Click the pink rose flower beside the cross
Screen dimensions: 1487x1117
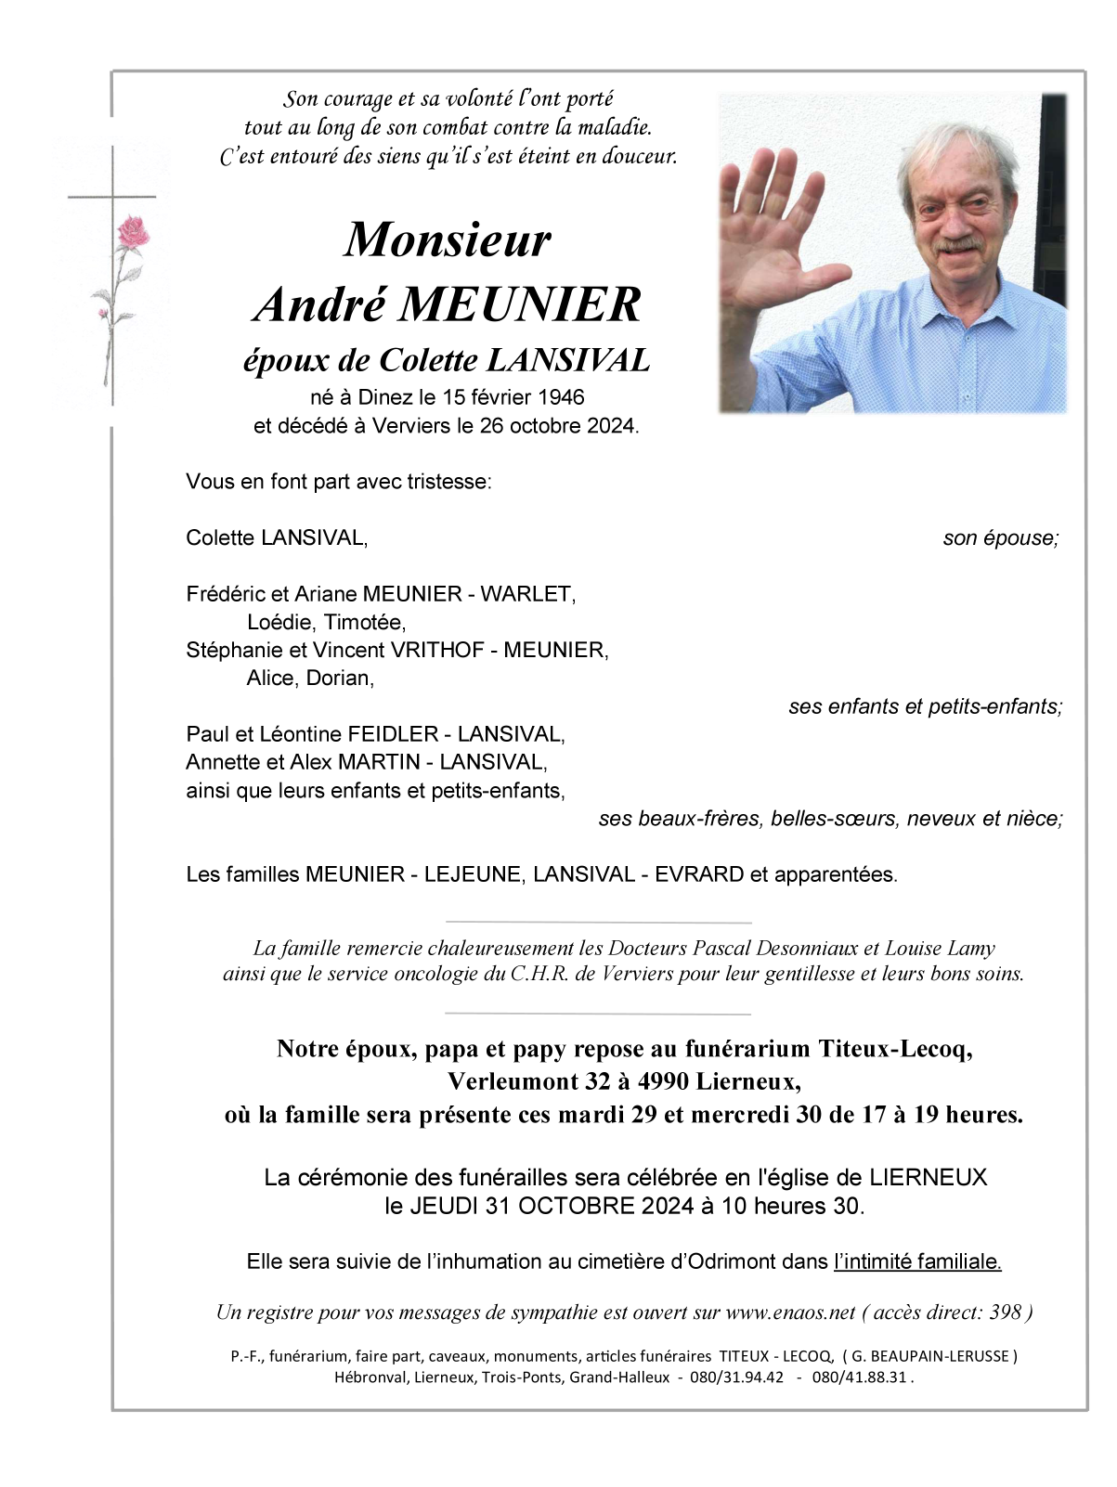coord(133,232)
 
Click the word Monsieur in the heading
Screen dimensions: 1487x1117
coord(448,239)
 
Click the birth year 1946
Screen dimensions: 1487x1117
coord(561,397)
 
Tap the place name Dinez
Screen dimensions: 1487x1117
coord(385,397)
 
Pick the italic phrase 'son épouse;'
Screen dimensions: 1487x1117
coord(1000,538)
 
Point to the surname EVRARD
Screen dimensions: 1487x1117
coord(699,874)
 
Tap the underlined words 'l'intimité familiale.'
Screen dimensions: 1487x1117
coord(917,1261)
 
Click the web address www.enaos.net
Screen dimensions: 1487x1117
coord(790,1312)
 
